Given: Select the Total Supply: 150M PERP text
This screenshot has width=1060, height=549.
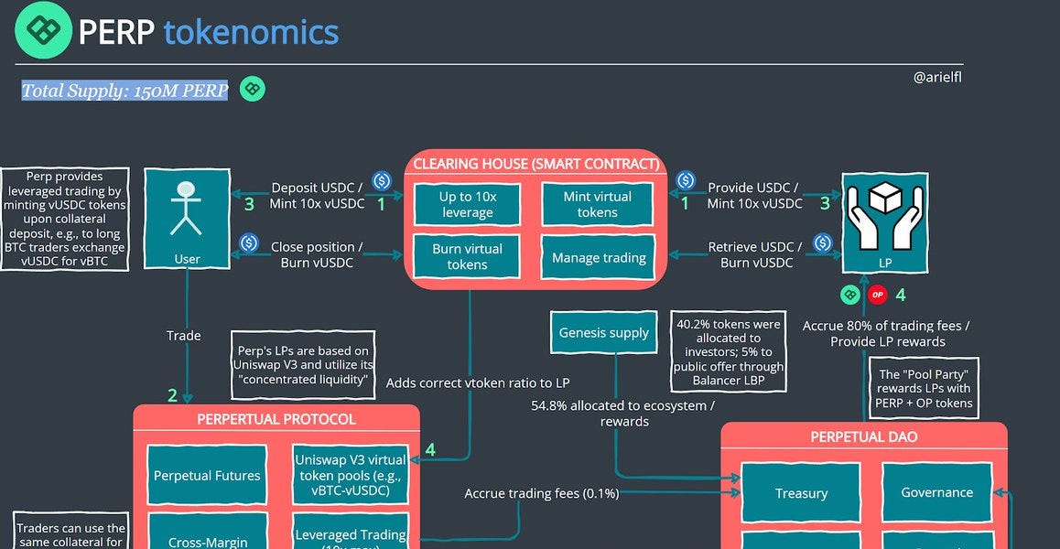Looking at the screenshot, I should coord(124,90).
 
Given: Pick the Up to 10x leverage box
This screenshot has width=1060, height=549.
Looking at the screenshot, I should coord(467,204).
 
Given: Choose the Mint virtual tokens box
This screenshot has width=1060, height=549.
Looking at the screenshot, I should coord(597,204).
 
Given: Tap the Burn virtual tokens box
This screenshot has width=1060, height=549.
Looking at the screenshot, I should coord(467,257).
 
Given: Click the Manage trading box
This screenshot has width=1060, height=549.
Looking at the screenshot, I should coord(599,258).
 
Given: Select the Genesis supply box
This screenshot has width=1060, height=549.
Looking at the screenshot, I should coord(603,333).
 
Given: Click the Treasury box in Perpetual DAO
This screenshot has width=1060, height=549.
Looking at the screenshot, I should coord(801,492).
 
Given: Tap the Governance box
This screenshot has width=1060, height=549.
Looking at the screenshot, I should coord(936,491).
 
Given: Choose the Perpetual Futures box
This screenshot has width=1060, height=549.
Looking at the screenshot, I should coord(207,476).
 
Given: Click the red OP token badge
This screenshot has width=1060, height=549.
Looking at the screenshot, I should coord(878,295).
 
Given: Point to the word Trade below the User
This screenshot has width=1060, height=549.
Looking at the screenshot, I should coord(183,336).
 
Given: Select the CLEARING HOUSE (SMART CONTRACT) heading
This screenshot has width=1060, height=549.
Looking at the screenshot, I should coord(535,164).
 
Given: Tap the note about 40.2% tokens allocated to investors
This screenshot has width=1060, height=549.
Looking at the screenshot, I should coord(729,346).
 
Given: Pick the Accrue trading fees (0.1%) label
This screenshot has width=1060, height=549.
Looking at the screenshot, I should coord(542,493).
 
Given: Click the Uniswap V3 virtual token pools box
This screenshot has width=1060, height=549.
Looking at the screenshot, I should coord(350,476).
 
